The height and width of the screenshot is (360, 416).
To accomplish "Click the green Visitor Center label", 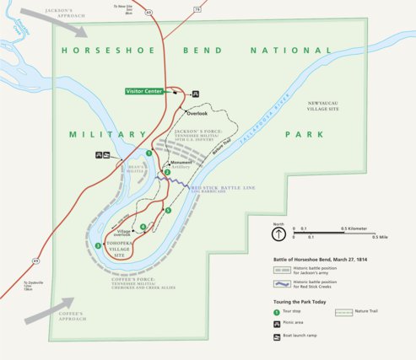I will point(144,91).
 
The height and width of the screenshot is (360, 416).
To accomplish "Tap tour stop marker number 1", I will point(149,153).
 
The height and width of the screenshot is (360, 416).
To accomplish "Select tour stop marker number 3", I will point(99,245).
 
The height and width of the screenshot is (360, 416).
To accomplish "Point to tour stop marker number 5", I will point(168,210).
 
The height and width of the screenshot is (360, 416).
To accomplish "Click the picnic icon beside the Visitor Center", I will point(196,93).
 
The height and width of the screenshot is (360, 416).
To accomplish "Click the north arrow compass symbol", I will point(278,234).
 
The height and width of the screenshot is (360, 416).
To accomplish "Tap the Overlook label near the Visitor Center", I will point(196,113).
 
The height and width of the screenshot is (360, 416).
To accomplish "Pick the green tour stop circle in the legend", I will point(278,312).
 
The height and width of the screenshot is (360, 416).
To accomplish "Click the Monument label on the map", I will point(181,162).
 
